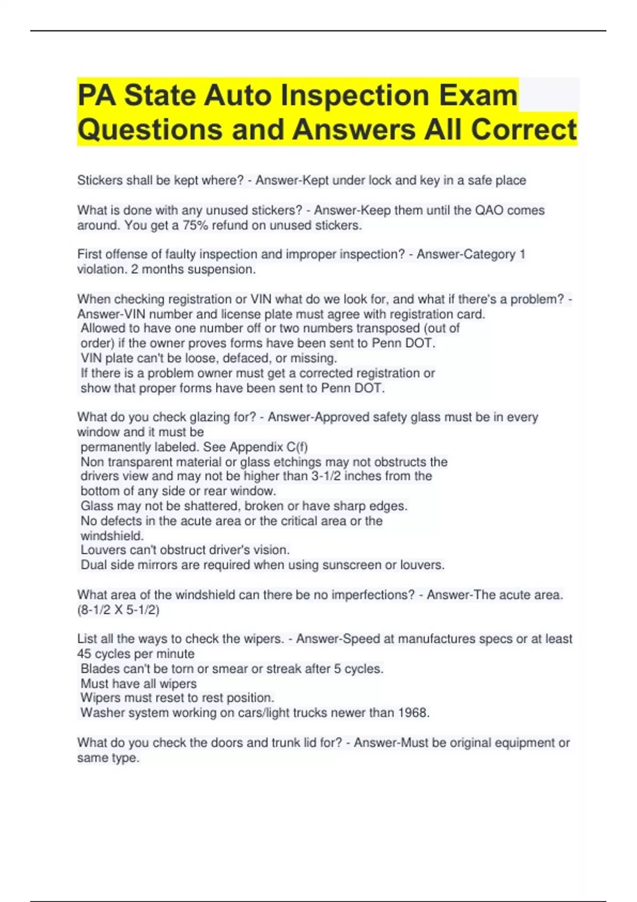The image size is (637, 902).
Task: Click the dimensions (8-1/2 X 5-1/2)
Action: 118,610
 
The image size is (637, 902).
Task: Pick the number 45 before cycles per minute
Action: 84,654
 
